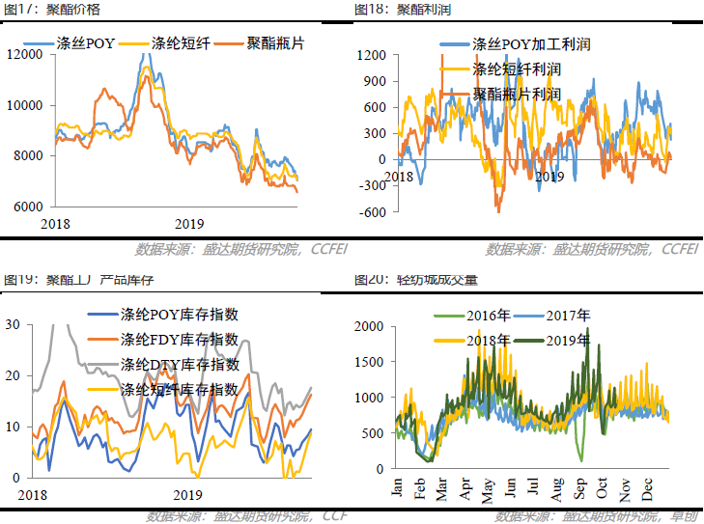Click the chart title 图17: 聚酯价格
tap(51, 10)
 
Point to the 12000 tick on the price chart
tap(25, 54)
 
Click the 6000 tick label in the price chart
tap(29, 207)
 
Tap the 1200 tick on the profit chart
tap(372, 55)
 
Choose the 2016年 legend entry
tap(487, 316)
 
